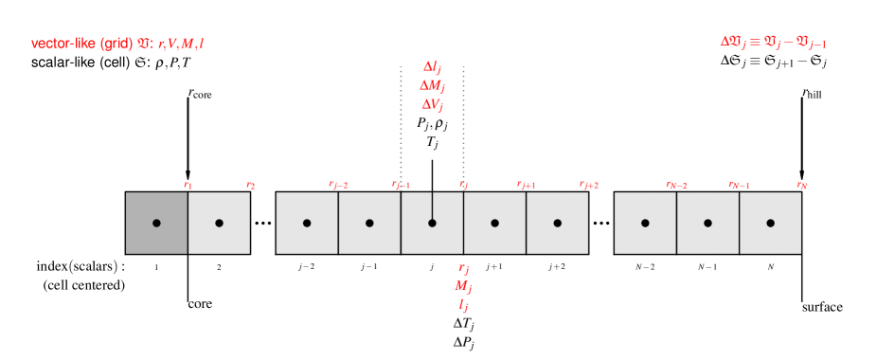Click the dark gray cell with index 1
tap(156, 223)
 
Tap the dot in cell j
tap(432, 223)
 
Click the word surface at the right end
tap(822, 307)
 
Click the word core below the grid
tap(199, 304)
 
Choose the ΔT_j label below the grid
tap(463, 323)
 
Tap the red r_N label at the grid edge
tap(802, 185)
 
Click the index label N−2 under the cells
tap(645, 267)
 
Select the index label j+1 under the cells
tap(494, 267)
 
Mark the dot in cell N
tap(771, 223)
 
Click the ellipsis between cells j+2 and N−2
tap(601, 224)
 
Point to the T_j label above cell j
tap(432, 142)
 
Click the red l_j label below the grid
tap(463, 305)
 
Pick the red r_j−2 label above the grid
tap(338, 185)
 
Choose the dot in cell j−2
tap(307, 223)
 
